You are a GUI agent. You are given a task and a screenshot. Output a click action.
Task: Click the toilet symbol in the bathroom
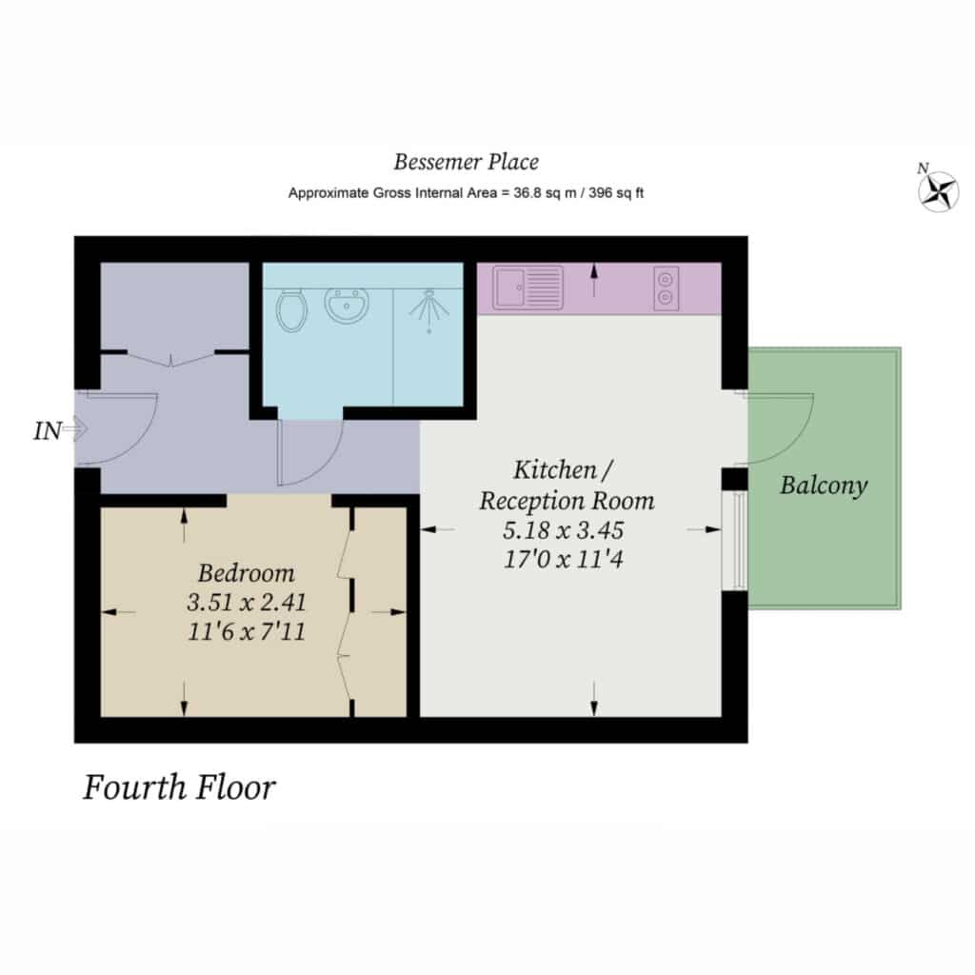291,310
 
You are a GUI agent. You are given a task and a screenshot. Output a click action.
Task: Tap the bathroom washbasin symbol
347,305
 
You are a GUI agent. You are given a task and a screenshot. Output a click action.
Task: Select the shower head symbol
429,309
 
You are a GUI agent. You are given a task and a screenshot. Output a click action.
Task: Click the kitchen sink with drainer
527,288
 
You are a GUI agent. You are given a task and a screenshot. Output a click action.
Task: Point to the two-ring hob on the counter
666,288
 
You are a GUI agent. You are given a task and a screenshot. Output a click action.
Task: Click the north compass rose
938,190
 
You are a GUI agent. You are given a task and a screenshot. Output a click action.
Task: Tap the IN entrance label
48,431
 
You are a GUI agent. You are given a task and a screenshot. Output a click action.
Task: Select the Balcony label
824,486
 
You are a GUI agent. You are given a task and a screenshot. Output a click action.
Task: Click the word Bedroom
247,573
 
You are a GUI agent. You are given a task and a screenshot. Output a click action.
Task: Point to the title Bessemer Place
467,162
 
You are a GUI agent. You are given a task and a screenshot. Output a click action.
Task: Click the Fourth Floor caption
180,787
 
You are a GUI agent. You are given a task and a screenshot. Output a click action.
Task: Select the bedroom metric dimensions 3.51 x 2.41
247,602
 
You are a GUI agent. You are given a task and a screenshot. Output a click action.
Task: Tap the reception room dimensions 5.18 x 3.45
564,530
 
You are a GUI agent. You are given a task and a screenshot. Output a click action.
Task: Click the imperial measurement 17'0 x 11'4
564,559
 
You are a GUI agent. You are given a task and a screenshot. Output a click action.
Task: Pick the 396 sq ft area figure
616,193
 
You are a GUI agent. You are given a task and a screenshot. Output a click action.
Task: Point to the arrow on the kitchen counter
594,280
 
